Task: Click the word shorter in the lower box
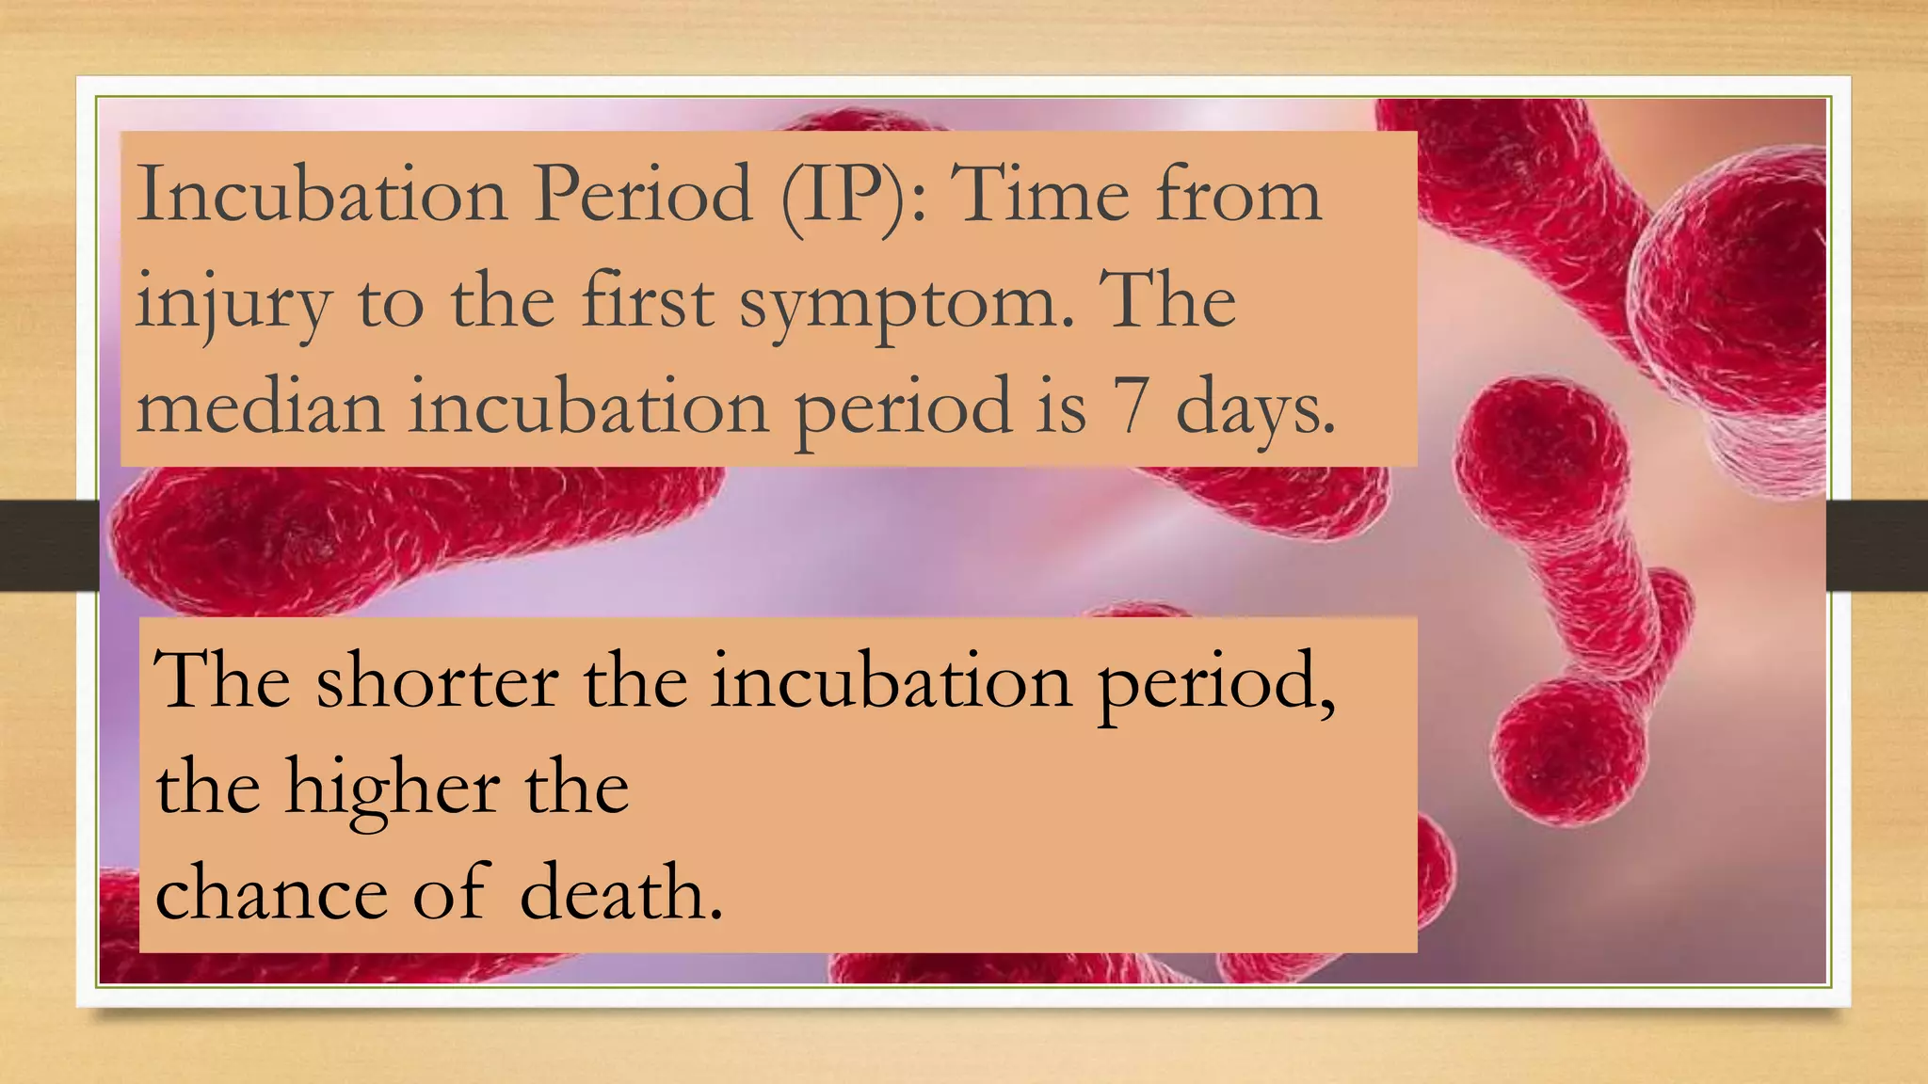click(437, 679)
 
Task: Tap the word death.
click(621, 892)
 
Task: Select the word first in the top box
click(649, 301)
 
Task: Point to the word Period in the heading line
click(644, 194)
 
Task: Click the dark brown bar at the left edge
click(47, 546)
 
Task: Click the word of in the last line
click(452, 892)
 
